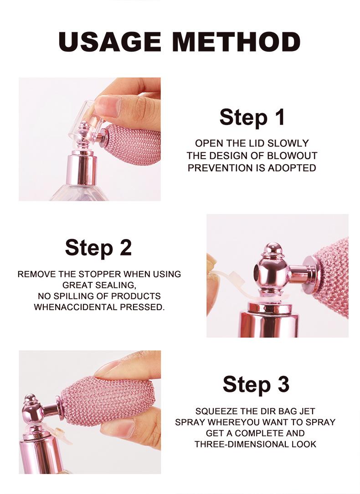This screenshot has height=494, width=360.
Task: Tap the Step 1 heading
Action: pyautogui.click(x=252, y=117)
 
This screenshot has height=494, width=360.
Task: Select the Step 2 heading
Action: pyautogui.click(x=98, y=247)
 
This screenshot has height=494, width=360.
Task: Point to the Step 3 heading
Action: pyautogui.click(x=256, y=384)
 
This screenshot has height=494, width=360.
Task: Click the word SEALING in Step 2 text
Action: pyautogui.click(x=118, y=285)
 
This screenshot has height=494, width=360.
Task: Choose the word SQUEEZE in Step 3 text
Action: pyautogui.click(x=214, y=411)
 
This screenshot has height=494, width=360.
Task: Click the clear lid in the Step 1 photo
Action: pyautogui.click(x=81, y=120)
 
